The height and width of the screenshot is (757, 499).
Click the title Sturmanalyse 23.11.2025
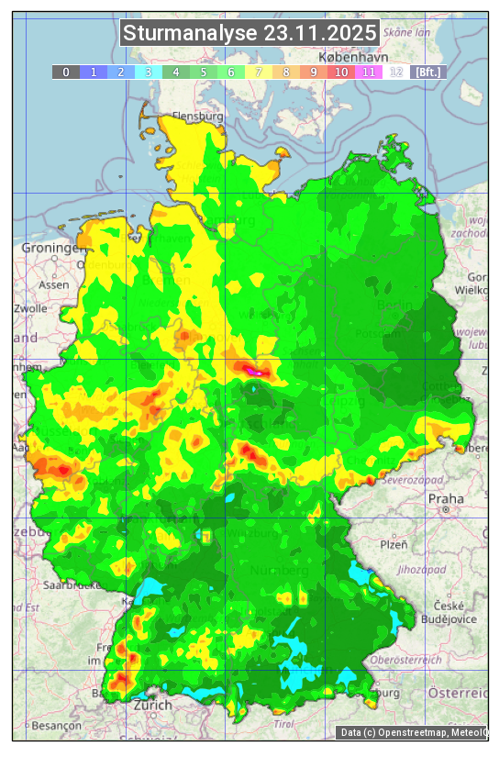249,34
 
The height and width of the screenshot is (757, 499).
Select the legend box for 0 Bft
65,72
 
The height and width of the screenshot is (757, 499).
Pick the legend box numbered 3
148,72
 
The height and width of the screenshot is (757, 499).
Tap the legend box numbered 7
259,72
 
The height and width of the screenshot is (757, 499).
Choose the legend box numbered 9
314,72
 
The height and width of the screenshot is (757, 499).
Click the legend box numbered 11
369,72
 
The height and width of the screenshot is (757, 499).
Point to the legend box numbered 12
396,72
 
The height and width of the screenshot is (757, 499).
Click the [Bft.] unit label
427,72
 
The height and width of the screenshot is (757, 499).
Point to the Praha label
445,499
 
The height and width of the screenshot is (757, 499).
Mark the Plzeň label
394,544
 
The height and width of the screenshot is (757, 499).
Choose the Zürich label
152,706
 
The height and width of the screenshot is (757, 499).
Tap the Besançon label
55,725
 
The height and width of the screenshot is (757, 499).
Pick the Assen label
53,285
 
